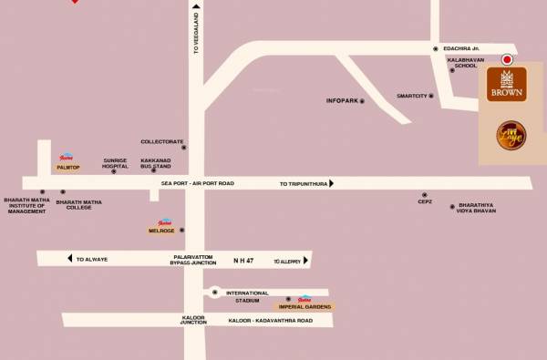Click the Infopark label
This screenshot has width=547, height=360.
pyautogui.click(x=341, y=100)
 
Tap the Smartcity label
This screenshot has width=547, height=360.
pyautogui.click(x=411, y=96)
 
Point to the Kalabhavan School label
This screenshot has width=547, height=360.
pyautogui.click(x=460, y=63)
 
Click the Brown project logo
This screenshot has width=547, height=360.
pyautogui.click(x=506, y=85)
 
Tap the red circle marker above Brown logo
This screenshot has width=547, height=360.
pyautogui.click(x=507, y=58)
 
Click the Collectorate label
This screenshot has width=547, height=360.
pyautogui.click(x=162, y=141)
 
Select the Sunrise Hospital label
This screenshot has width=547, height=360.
pyautogui.click(x=115, y=163)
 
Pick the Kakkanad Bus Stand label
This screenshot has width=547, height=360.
pyautogui.click(x=156, y=163)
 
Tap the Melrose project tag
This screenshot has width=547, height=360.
pyautogui.click(x=161, y=231)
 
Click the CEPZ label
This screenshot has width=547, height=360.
pyautogui.click(x=424, y=202)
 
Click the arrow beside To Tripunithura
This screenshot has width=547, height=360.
pyautogui.click(x=331, y=183)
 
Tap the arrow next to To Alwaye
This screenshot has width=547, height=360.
pyautogui.click(x=70, y=259)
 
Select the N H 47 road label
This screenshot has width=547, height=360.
pyautogui.click(x=244, y=260)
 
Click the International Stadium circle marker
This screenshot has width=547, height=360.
pyautogui.click(x=214, y=293)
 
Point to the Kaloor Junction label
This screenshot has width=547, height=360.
pyautogui.click(x=193, y=321)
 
